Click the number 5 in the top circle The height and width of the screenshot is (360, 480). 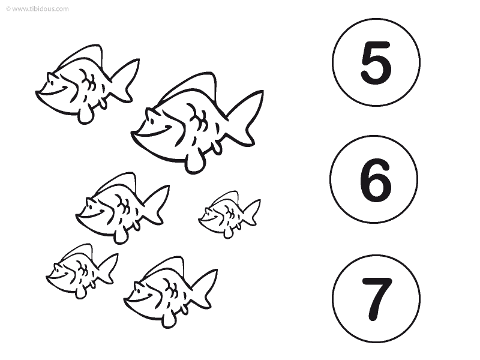click(376, 63)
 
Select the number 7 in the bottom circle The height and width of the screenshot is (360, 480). click(377, 299)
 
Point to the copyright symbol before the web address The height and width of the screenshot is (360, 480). click(8, 8)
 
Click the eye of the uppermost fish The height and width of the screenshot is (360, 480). click(53, 82)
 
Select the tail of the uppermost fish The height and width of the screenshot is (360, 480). click(125, 80)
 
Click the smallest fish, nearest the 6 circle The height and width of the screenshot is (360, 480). click(230, 214)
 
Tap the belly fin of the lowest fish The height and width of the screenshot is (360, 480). click(168, 320)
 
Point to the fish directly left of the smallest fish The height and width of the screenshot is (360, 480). click(122, 208)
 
